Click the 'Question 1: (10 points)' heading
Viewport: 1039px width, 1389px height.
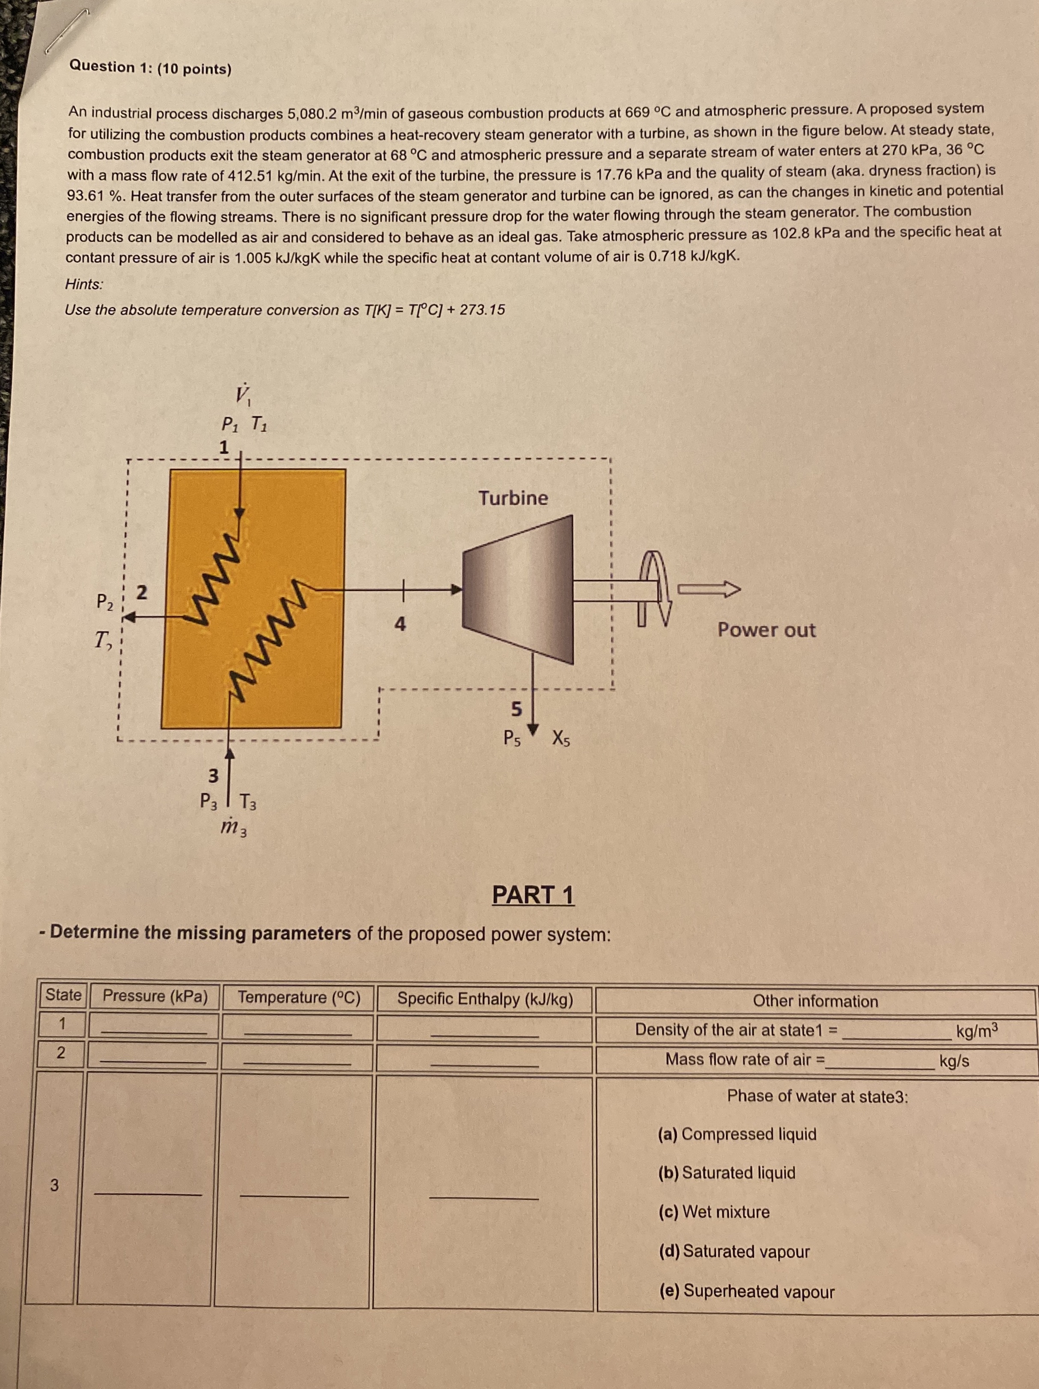[x=150, y=67]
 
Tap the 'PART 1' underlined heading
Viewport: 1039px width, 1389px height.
[x=533, y=895]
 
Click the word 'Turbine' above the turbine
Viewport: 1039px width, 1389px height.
[x=513, y=498]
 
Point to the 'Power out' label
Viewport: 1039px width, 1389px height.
[x=766, y=630]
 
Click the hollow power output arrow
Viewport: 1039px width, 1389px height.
[x=709, y=589]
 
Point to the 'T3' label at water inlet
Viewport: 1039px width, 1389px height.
[x=248, y=803]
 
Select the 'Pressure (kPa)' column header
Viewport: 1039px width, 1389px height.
[x=155, y=996]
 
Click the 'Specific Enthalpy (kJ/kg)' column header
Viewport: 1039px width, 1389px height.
[x=485, y=999]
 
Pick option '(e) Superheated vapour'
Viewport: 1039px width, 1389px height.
[x=746, y=1291]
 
